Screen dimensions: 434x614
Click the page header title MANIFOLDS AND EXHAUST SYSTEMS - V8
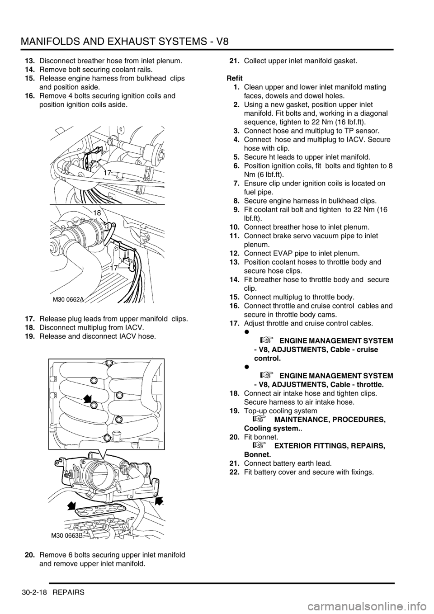[125, 42]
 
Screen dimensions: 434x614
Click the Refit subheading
[235, 78]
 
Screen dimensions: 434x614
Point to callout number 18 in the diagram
[97, 213]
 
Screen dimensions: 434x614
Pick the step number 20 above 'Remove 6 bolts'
[30, 555]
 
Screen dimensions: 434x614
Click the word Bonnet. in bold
[257, 454]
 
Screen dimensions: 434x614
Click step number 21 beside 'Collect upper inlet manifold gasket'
[234, 61]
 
